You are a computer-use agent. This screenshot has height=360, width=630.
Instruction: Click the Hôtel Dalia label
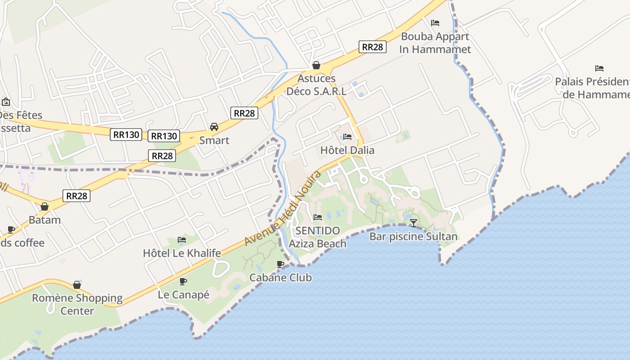click(347, 150)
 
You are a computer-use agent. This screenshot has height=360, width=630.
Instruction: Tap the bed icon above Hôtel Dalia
click(347, 137)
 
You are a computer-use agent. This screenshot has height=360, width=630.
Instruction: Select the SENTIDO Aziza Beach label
click(318, 237)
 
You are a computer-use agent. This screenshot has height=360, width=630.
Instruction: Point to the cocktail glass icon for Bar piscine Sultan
click(413, 223)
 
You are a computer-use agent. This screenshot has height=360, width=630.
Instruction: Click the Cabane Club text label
click(280, 278)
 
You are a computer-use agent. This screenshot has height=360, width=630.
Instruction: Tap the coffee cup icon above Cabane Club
click(280, 264)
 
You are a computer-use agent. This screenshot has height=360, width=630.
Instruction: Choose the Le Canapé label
click(184, 295)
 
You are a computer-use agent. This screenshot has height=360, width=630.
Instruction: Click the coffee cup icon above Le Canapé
click(183, 281)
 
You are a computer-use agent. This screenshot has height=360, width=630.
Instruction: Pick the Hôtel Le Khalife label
click(182, 253)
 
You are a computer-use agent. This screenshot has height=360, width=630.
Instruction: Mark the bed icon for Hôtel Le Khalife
click(182, 240)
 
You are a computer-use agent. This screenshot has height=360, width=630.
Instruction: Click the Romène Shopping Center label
click(77, 304)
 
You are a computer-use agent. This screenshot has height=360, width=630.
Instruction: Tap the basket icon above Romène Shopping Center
click(77, 285)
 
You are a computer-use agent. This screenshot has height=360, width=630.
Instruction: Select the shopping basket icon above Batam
click(45, 207)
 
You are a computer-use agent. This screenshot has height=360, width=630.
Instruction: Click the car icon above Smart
click(214, 127)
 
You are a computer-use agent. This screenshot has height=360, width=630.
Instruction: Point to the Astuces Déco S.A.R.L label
click(316, 85)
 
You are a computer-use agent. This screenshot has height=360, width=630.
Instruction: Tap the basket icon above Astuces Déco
click(316, 65)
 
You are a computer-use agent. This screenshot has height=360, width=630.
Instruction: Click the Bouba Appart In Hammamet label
click(435, 43)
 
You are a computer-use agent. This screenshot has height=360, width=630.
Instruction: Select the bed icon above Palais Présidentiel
click(599, 68)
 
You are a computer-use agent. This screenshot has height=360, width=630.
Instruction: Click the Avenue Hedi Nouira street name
click(283, 208)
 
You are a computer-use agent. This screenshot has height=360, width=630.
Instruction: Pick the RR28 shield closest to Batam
click(76, 196)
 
